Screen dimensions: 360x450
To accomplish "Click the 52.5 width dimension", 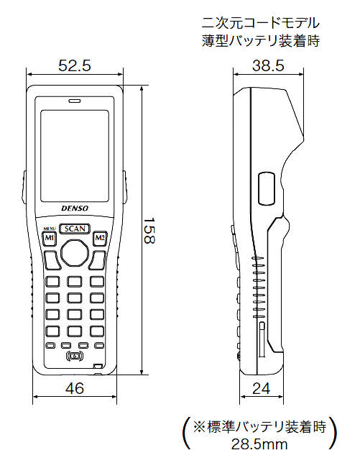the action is pos(75,65).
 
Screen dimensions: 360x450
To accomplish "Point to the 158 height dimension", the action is pos(149,231).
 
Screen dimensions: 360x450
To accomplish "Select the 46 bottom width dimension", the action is pos(75,389).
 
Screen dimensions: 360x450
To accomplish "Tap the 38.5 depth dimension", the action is pos(268,65).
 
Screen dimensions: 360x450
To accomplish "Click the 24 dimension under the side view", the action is pos(262,389).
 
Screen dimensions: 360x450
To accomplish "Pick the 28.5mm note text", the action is pos(259,444).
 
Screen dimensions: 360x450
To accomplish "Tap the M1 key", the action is pos(50,238).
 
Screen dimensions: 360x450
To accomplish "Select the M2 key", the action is pos(100,238).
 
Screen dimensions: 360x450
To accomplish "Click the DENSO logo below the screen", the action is pos(75,208).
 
